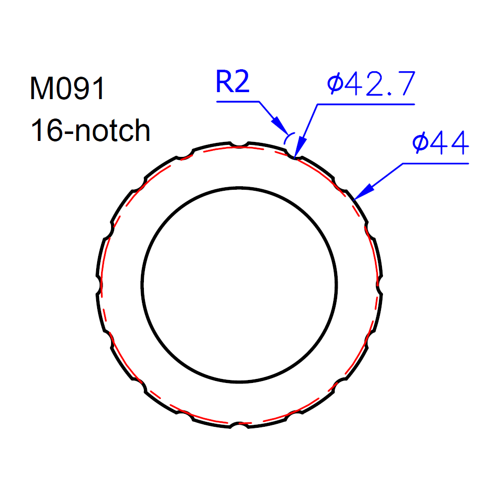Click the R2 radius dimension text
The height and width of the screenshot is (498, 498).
233,82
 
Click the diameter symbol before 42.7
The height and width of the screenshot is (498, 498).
335,85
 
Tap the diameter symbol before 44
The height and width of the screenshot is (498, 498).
420,143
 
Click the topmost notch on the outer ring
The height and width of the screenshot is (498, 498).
240,144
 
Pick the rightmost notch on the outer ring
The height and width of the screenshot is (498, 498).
380,285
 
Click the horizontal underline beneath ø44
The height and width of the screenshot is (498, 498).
436,163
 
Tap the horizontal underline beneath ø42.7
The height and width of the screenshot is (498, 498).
366,104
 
